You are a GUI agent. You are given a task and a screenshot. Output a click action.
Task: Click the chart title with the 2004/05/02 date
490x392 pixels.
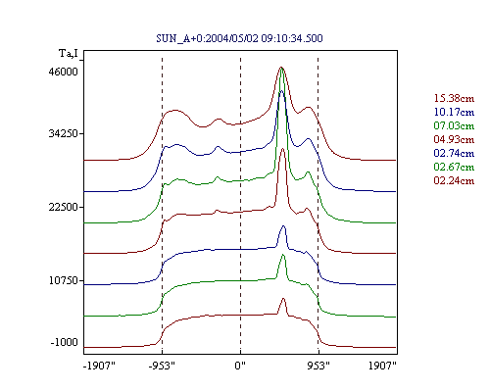239,38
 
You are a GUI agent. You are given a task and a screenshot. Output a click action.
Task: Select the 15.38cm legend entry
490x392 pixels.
454,98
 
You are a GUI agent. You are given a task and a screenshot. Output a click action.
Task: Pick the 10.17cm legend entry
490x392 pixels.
454,112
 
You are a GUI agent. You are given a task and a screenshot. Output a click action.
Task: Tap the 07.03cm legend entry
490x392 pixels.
454,125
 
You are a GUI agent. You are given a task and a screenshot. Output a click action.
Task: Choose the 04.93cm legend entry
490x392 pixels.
454,139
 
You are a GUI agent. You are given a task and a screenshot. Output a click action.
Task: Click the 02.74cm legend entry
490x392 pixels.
454,153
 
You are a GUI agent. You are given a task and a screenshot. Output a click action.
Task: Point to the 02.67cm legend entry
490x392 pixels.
454,167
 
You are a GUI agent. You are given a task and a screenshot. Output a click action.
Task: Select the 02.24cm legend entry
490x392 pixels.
454,180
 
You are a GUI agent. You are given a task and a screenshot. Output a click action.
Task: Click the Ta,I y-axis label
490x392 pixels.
69,53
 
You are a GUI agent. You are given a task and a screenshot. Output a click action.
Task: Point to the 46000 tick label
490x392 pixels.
64,72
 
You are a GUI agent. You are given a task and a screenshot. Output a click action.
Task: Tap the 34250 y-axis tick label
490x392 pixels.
64,133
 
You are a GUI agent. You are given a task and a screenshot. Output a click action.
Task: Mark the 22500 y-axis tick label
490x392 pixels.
64,207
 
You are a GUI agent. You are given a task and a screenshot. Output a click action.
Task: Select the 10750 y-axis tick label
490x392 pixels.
64,280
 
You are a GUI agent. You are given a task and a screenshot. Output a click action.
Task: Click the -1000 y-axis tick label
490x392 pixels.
65,342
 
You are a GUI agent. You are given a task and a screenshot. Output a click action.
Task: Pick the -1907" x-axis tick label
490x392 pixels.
99,366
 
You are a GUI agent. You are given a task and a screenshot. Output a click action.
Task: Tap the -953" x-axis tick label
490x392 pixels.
162,366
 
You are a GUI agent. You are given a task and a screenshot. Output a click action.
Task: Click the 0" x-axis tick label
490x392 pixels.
240,366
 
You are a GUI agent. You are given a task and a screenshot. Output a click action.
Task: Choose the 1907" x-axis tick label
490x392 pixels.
382,366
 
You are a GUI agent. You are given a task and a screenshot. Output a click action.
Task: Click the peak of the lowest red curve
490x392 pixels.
283,298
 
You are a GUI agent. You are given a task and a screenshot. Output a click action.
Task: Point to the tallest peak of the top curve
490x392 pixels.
281,68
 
